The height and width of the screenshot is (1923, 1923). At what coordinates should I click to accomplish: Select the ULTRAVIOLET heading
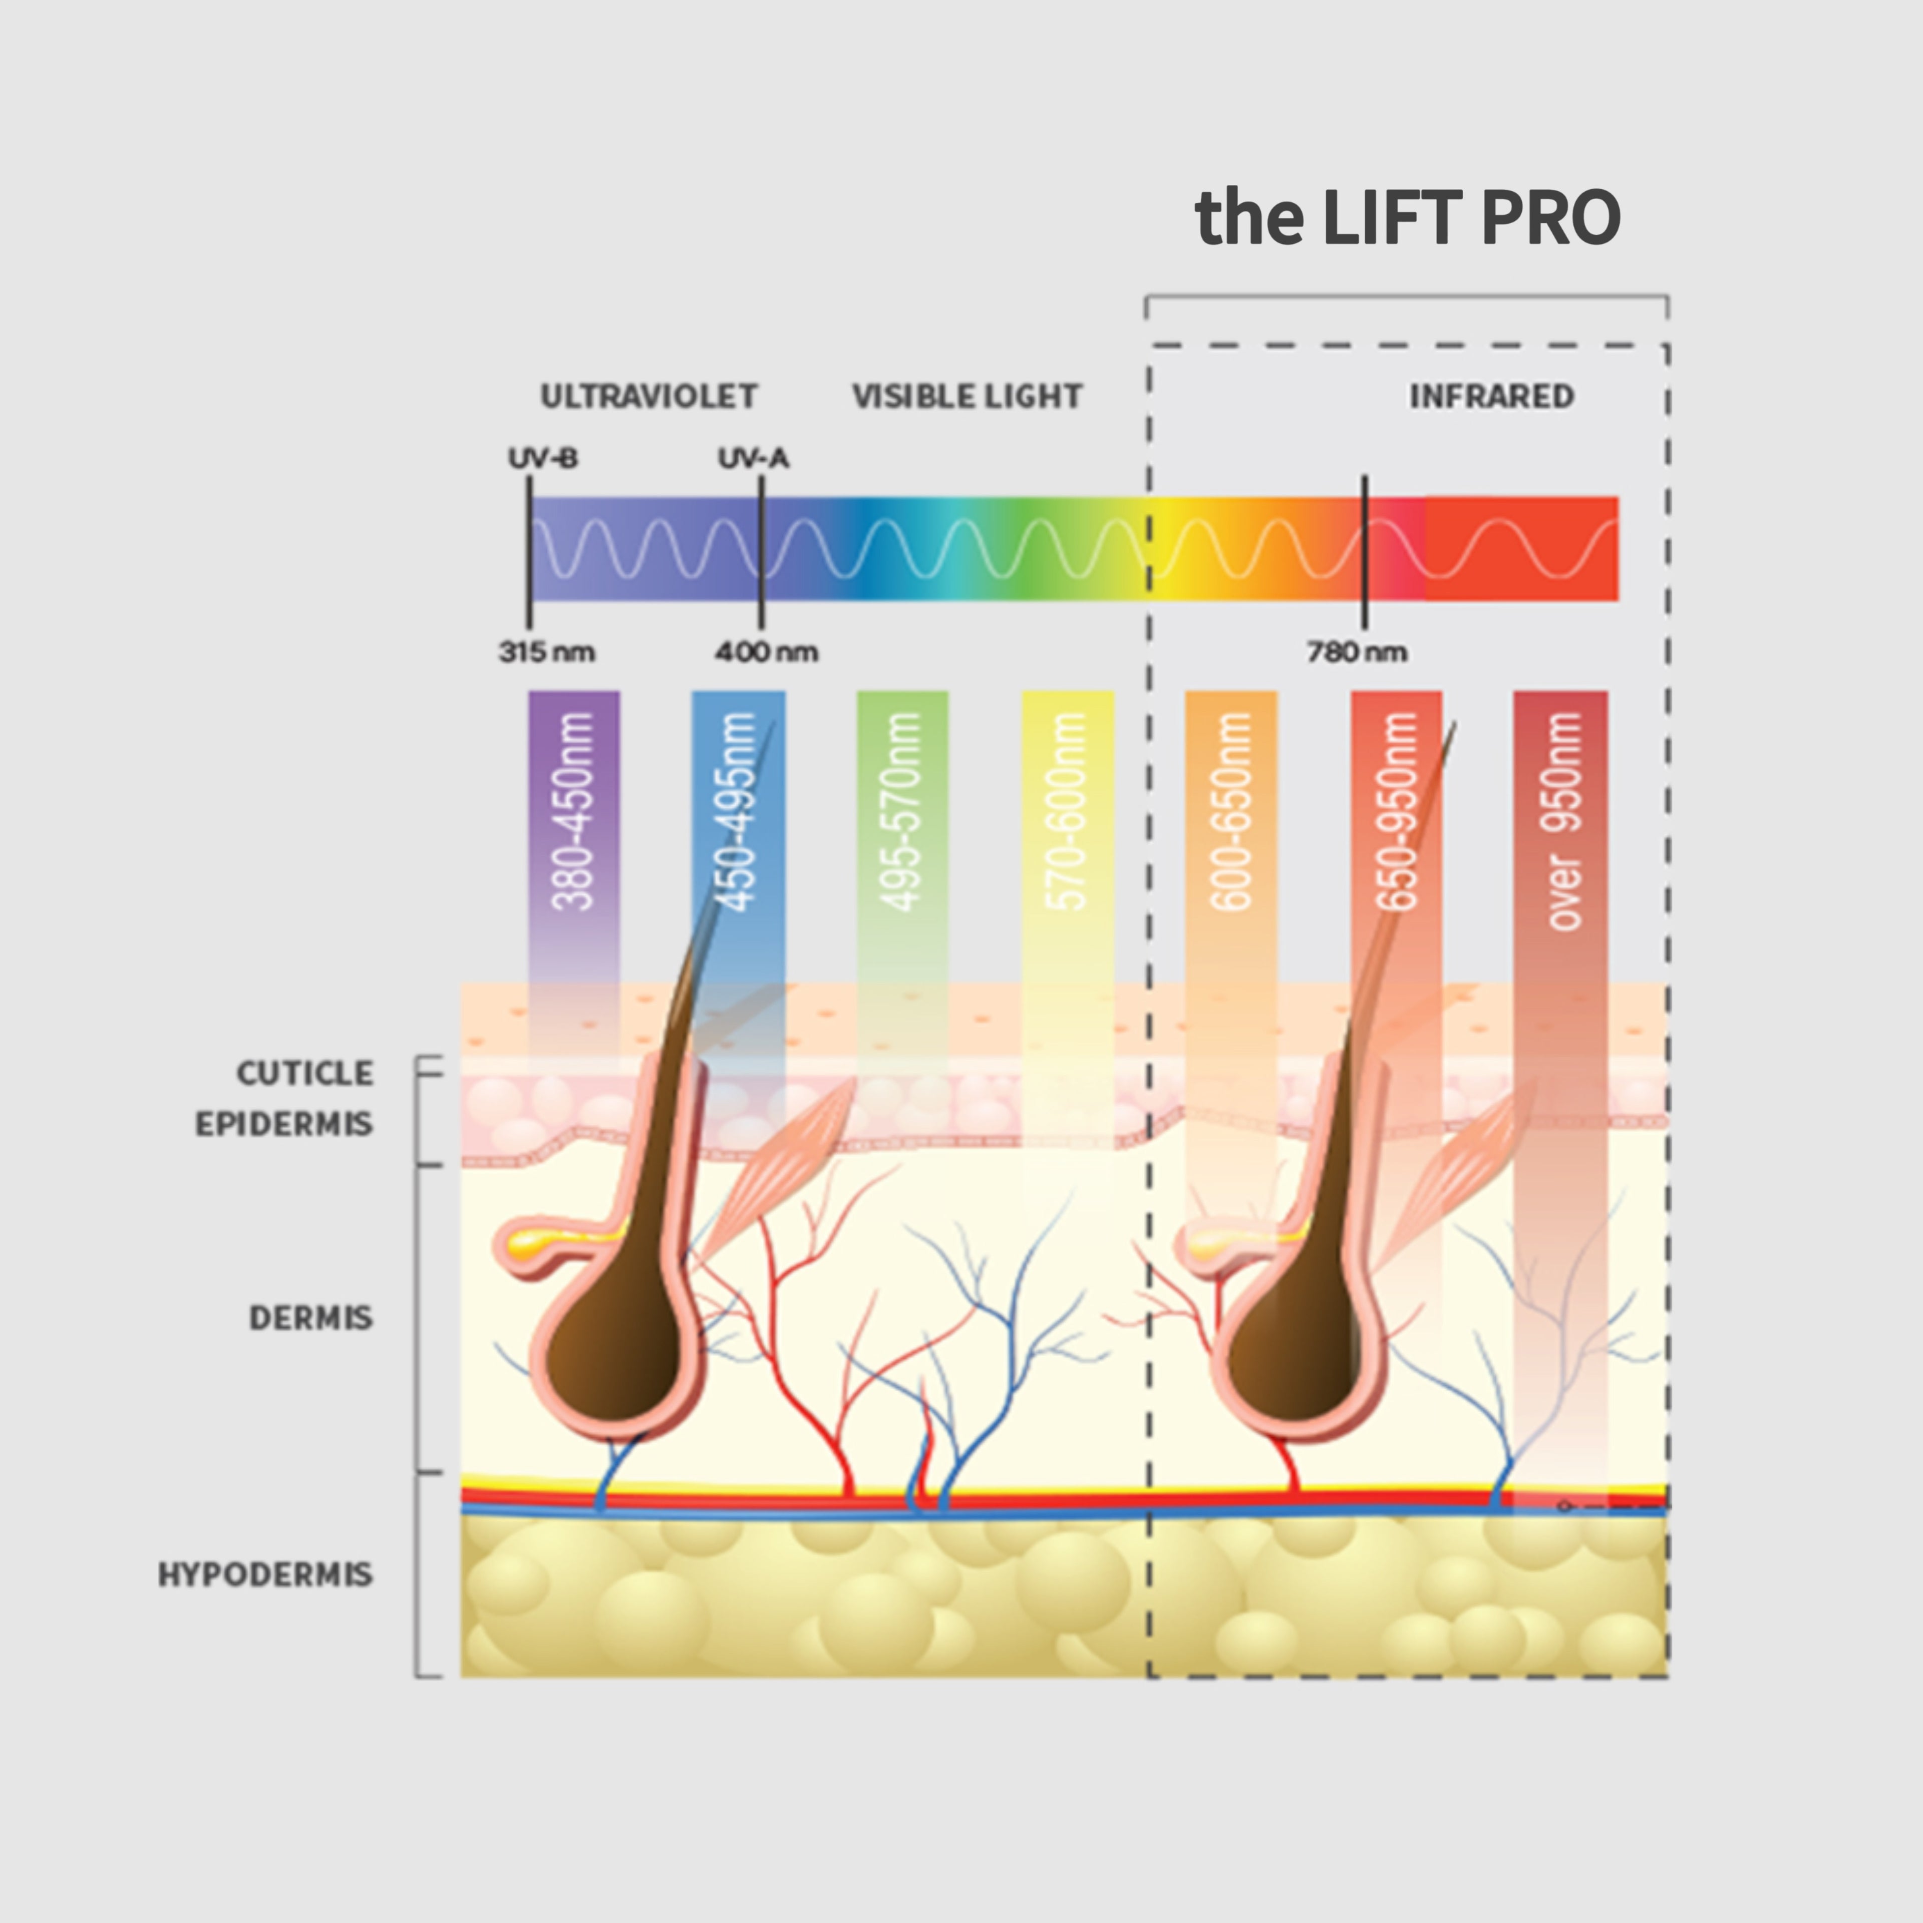648,396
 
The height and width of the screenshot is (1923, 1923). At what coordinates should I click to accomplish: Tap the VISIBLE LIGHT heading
967,396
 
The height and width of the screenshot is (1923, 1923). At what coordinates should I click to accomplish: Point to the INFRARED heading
1491,396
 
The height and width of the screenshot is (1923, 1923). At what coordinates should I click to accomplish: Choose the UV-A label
754,459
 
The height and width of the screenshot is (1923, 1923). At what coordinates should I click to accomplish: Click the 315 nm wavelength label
546,652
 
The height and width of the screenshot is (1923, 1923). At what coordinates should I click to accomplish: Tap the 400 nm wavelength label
766,652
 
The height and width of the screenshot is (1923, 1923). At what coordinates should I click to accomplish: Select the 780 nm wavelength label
1357,652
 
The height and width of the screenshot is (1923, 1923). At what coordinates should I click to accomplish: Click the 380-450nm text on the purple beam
573,811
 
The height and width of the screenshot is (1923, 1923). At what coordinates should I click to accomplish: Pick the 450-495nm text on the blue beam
738,811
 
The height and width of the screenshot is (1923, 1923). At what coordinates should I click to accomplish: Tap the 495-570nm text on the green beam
902,811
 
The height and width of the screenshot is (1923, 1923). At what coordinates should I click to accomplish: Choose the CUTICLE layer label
304,1073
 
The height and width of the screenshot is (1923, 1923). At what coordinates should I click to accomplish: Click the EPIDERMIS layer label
283,1124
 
